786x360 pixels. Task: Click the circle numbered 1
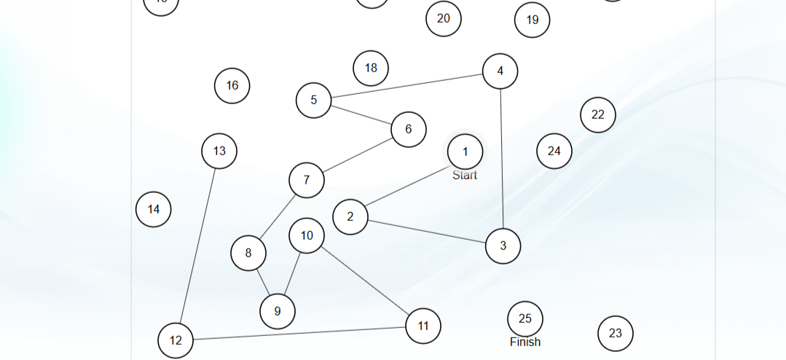click(465, 152)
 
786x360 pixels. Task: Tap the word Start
click(465, 175)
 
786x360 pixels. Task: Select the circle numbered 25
click(524, 318)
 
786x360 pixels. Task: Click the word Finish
click(524, 342)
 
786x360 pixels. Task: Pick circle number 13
click(219, 151)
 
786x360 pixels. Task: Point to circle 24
click(554, 151)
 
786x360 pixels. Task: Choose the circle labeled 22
click(597, 114)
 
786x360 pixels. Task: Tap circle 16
click(232, 85)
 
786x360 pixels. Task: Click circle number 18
click(371, 68)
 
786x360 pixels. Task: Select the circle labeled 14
click(153, 209)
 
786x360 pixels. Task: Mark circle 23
click(615, 333)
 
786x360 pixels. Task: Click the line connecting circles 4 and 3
click(502, 160)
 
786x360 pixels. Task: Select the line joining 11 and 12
click(299, 333)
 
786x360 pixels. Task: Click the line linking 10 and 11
click(364, 285)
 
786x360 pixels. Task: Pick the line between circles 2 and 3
click(426, 230)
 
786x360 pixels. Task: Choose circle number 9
click(277, 311)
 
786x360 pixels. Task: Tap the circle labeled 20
click(443, 18)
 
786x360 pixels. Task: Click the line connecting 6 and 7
click(358, 155)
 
